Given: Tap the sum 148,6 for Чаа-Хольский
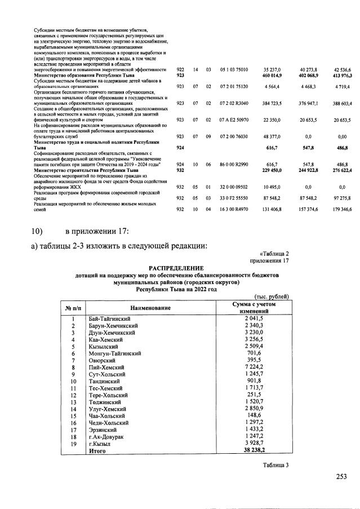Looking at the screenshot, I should [x=256, y=415].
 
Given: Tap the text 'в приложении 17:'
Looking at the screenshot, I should [x=98, y=232].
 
